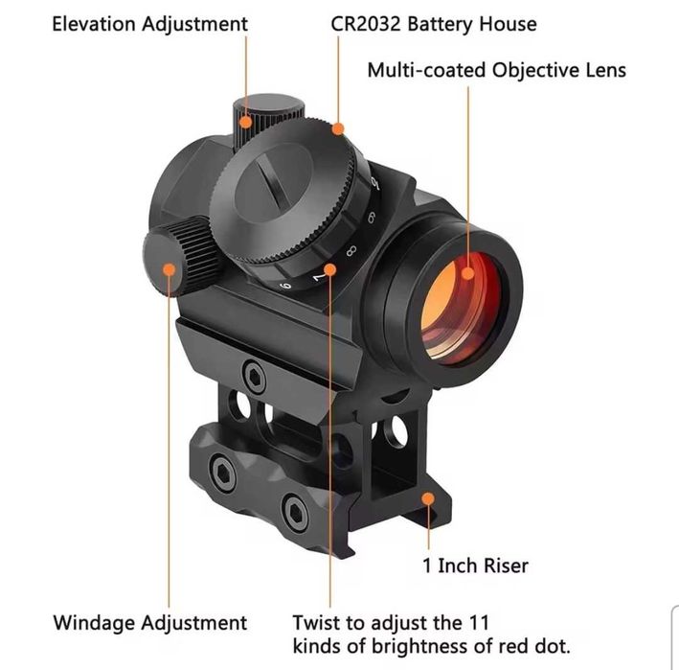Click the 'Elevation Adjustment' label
[x=149, y=24]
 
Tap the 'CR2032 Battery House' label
[x=434, y=24]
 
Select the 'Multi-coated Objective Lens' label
[x=497, y=70]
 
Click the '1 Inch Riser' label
[x=475, y=566]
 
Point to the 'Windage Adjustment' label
[x=149, y=623]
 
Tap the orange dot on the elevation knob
[x=245, y=122]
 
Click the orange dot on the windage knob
[x=170, y=269]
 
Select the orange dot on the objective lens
[x=468, y=273]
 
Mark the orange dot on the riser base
[x=428, y=498]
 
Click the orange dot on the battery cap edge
[x=338, y=128]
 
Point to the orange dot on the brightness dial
[x=330, y=269]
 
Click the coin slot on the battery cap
[x=269, y=181]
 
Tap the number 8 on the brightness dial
[x=351, y=251]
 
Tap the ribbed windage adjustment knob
[x=182, y=257]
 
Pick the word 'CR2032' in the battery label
[x=366, y=24]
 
